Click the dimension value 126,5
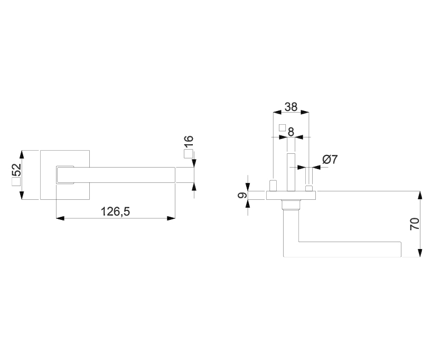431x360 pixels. pyautogui.click(x=115, y=212)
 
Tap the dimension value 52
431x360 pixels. pyautogui.click(x=16, y=170)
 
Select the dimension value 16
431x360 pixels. pyautogui.click(x=189, y=142)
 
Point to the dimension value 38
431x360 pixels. pyautogui.click(x=291, y=107)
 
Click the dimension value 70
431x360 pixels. pyautogui.click(x=415, y=224)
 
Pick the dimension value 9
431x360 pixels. pyautogui.click(x=242, y=195)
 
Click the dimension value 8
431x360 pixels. pyautogui.click(x=291, y=132)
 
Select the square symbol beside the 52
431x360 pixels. pyautogui.click(x=16, y=182)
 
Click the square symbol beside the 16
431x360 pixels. pyautogui.click(x=188, y=154)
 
